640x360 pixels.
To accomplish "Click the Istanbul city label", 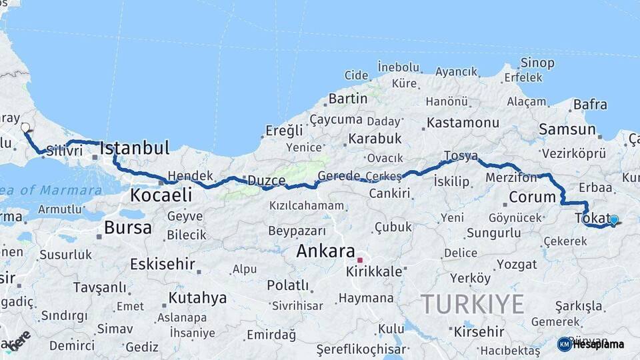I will pyautogui.click(x=135, y=147).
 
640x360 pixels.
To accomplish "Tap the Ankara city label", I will pyautogui.click(x=325, y=251).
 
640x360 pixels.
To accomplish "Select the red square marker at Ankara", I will pyautogui.click(x=360, y=260).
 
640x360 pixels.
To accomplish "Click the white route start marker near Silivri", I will pyautogui.click(x=25, y=127).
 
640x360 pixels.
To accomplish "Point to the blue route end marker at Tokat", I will pyautogui.click(x=614, y=219).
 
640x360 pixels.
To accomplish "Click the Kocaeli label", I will pyautogui.click(x=161, y=195).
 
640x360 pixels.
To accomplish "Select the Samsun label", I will pyautogui.click(x=567, y=129).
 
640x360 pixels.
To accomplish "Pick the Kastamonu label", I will pyautogui.click(x=463, y=123).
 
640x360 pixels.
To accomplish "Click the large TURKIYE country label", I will pyautogui.click(x=472, y=304).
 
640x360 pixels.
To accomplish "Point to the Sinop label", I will pyautogui.click(x=537, y=63).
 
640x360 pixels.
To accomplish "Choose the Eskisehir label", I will pyautogui.click(x=162, y=264).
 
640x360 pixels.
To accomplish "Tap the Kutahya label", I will pyautogui.click(x=197, y=297).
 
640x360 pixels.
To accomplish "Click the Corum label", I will pyautogui.click(x=532, y=197).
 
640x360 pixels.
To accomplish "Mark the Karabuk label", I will pyautogui.click(x=374, y=139).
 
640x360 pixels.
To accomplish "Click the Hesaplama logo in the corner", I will pyautogui.click(x=591, y=344).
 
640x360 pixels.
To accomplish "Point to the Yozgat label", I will pyautogui.click(x=517, y=264).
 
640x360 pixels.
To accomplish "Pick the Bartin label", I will pyautogui.click(x=347, y=99).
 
